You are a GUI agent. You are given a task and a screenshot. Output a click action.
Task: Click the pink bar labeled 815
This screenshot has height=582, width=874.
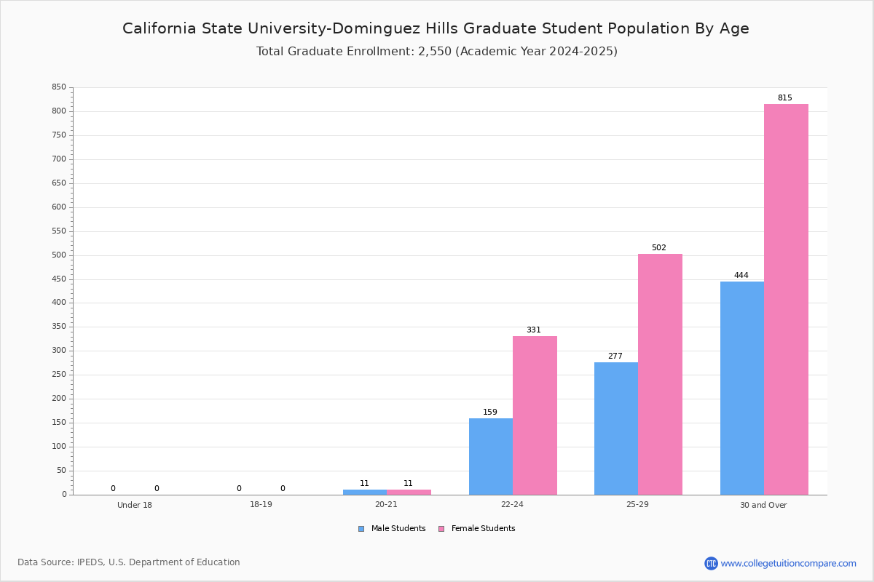click(x=786, y=300)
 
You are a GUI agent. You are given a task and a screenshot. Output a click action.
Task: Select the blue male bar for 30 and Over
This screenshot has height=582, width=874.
click(x=742, y=388)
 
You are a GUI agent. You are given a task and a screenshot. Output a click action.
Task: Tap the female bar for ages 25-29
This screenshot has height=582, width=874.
click(x=660, y=375)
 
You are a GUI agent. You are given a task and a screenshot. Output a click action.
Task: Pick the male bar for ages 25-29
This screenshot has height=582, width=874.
click(x=616, y=428)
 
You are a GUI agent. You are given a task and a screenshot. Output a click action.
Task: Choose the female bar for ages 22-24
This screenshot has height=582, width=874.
click(x=535, y=415)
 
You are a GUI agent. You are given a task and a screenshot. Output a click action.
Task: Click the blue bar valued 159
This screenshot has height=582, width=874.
click(x=491, y=457)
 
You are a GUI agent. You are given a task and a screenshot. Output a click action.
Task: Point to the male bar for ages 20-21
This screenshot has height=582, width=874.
click(x=365, y=493)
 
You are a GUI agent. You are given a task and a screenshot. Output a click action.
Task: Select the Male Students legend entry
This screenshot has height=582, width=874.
click(x=392, y=529)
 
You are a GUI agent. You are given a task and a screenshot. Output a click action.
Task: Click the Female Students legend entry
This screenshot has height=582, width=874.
click(x=477, y=529)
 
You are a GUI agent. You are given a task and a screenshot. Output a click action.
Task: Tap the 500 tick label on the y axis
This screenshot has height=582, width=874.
click(x=59, y=255)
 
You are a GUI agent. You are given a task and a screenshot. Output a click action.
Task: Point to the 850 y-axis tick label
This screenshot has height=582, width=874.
click(x=59, y=87)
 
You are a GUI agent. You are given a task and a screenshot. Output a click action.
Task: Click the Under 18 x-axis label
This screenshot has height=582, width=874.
click(x=135, y=505)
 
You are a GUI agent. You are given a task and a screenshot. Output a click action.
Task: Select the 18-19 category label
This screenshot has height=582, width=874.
click(x=261, y=504)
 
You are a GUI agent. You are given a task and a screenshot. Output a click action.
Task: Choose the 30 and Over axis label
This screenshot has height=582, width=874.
click(x=763, y=505)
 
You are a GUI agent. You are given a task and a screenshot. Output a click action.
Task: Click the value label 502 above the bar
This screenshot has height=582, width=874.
click(x=659, y=247)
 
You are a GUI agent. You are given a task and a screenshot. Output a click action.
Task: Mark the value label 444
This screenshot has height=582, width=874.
click(x=741, y=275)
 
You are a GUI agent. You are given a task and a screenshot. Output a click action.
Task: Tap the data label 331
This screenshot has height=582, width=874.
click(x=534, y=330)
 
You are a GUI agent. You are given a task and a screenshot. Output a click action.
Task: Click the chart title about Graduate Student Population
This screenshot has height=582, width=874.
click(x=436, y=28)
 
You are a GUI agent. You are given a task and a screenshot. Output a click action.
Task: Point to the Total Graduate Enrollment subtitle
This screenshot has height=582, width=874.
click(x=437, y=51)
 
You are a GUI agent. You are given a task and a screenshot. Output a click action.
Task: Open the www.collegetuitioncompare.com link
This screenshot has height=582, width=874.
click(x=789, y=563)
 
